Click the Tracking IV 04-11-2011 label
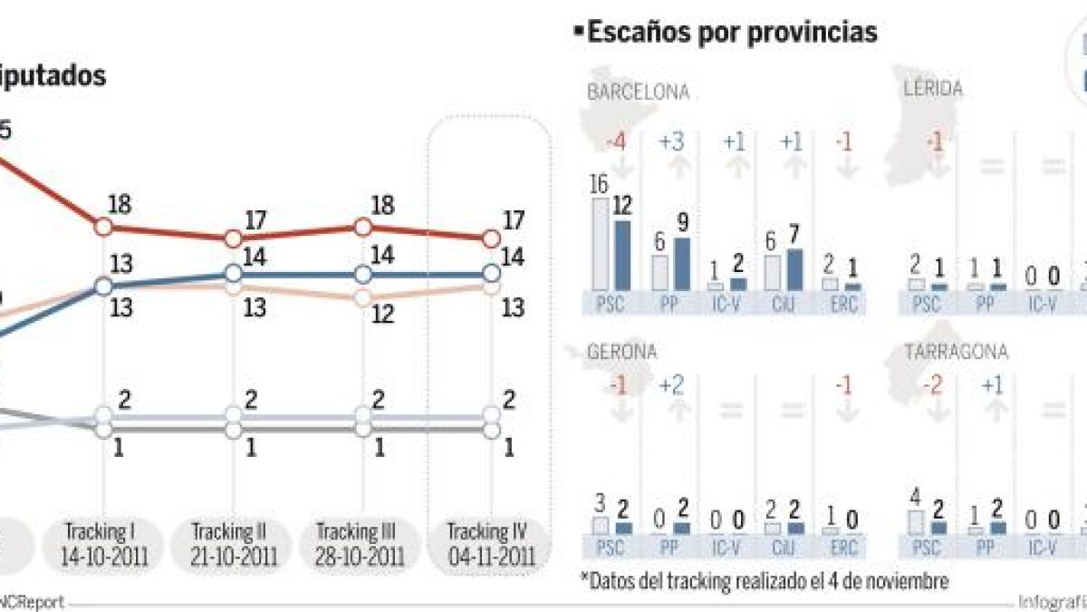coord(490,544)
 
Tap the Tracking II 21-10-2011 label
coord(233,544)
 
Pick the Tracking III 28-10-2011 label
coord(362,544)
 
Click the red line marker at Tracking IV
coord(491,238)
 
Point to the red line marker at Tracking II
coord(233,238)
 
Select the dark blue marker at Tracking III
coord(362,273)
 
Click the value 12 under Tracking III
coord(382,314)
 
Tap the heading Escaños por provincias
coord(732,33)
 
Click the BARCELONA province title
coord(639,92)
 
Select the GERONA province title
coord(622,352)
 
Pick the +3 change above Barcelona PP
coord(671,142)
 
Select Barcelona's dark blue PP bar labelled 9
coord(682,264)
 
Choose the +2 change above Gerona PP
coord(671,385)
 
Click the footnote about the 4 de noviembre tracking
coord(763,581)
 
